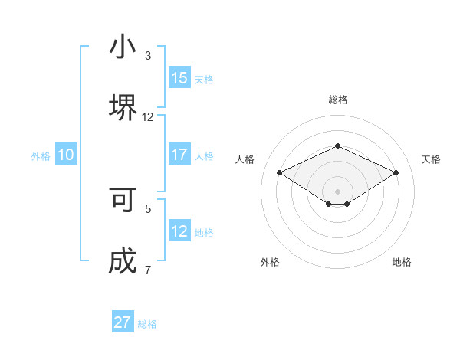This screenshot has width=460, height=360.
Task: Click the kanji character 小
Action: pos(123,47)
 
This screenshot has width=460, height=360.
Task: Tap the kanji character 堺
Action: pos(123,106)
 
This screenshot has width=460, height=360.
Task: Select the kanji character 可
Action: pos(123,200)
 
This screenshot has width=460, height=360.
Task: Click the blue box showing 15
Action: pos(179,78)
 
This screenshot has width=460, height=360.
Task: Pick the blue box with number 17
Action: pos(179,155)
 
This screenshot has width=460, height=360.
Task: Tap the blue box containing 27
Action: pos(123,322)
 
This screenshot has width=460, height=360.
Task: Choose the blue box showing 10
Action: pos(66,155)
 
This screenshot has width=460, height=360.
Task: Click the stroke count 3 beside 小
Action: pos(148,56)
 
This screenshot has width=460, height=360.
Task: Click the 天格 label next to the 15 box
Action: pos(204,79)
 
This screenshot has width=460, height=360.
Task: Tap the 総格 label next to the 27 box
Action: pos(147,324)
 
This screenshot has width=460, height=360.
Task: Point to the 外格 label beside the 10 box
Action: pos(41,155)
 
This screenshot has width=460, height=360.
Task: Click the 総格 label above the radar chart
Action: pos(337,100)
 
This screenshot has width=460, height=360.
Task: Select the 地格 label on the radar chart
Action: pos(402,262)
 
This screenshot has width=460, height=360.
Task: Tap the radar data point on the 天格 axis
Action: pos(396,172)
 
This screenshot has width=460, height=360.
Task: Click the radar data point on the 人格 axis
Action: pos(279,172)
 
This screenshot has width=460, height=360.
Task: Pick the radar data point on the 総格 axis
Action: pos(337,146)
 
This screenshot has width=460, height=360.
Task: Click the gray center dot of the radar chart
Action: pos(337,191)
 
